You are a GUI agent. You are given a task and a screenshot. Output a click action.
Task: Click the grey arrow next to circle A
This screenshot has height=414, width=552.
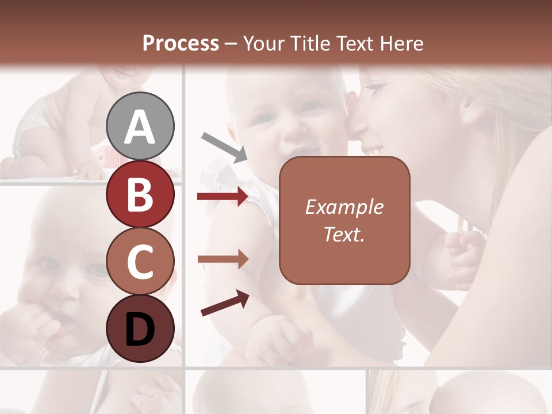224,146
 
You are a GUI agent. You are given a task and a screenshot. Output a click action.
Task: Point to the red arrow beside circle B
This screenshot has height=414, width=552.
223,197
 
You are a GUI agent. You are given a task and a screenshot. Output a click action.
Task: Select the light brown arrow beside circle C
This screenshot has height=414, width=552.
223,259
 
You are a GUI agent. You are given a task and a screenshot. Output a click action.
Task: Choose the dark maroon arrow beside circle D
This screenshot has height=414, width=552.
225,304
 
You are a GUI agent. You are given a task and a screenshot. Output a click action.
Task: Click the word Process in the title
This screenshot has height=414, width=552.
181,43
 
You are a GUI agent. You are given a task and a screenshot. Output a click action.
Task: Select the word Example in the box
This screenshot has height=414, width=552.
344,207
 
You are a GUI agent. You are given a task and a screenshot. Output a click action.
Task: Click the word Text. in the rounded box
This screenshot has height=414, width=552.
344,235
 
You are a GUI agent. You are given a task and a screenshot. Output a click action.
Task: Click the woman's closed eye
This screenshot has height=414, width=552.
375,90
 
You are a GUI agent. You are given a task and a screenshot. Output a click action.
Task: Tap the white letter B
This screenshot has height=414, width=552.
140,194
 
